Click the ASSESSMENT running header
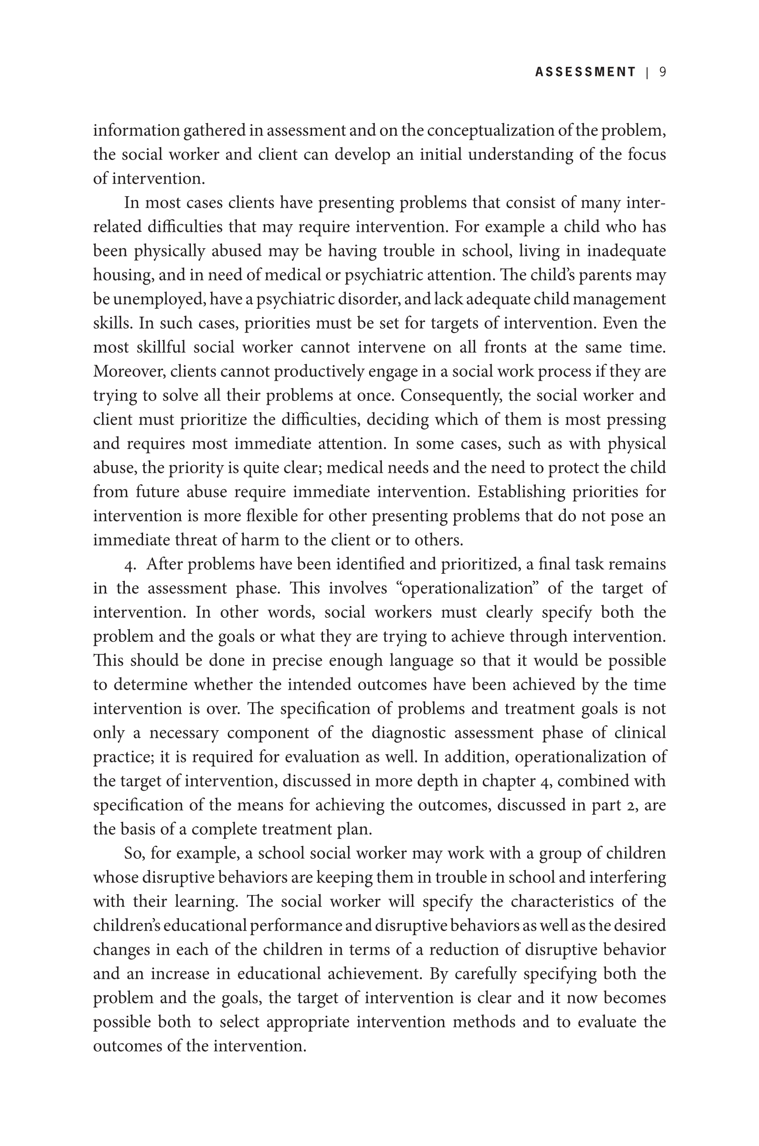(x=585, y=72)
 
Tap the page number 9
(x=663, y=72)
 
